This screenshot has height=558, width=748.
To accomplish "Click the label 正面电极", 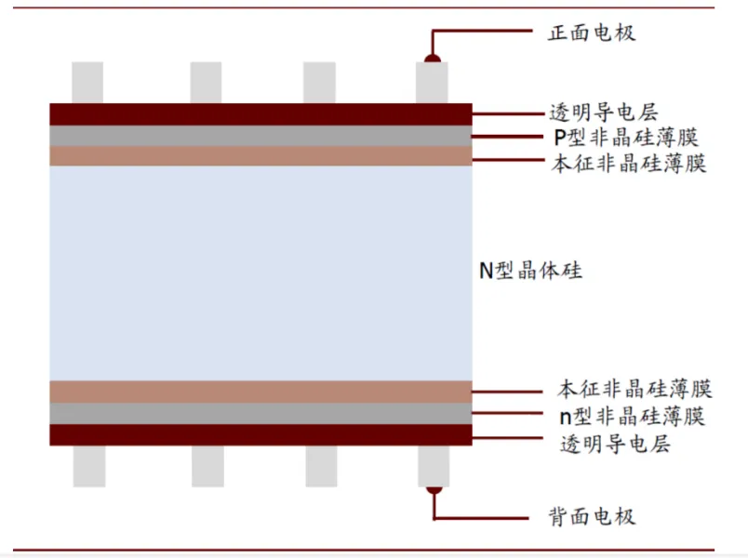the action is tap(592, 33).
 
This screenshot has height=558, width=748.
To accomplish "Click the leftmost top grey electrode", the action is tap(87, 83).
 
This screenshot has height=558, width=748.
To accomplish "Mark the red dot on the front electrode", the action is tap(433, 60).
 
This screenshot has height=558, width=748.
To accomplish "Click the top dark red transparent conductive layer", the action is tap(260, 113).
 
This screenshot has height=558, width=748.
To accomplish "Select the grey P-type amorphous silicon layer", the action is tap(260, 135).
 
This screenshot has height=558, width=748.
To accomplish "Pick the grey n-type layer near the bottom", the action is tap(260, 413).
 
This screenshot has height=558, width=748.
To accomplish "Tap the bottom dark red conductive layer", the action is tap(260, 434).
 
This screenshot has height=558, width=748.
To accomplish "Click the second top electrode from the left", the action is tap(206, 83).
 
